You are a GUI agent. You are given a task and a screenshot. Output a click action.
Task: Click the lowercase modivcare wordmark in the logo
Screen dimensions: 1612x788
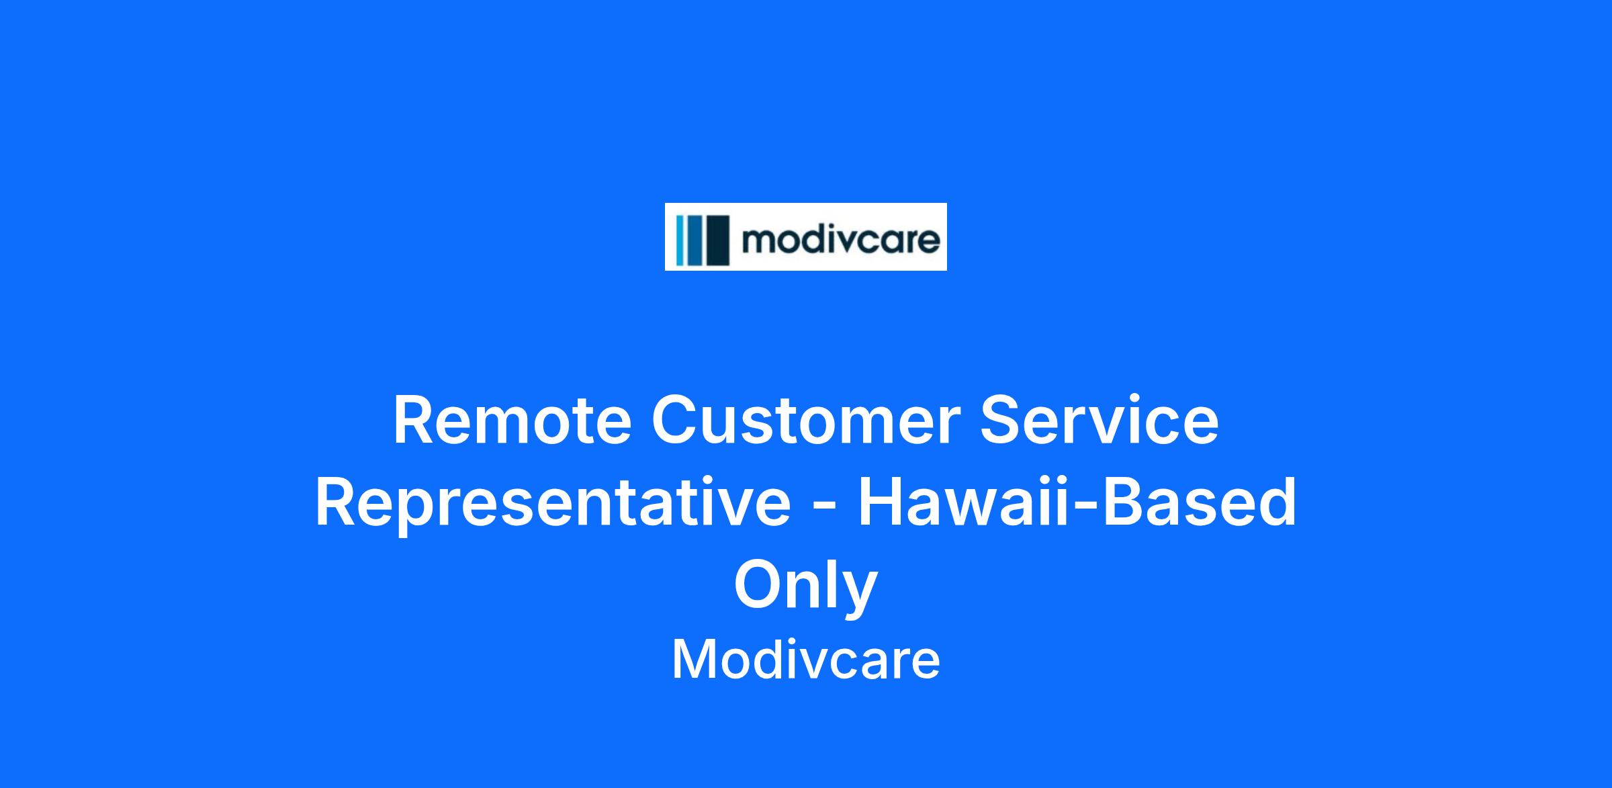840,239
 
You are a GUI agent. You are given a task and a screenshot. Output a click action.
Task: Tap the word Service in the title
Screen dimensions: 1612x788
1099,421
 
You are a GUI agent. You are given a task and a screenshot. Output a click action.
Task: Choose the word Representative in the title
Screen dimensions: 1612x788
553,503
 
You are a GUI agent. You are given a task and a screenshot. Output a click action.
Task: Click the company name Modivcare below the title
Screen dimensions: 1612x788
806,660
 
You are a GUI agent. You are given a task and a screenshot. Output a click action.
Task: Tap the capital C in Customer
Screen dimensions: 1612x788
674,421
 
